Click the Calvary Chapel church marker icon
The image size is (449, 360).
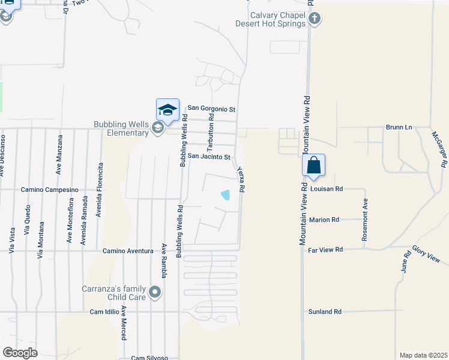(x=314, y=19)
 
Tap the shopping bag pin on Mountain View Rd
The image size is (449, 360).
(x=314, y=165)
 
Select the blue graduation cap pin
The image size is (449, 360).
(x=167, y=110)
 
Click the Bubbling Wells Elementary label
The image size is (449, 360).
(x=121, y=128)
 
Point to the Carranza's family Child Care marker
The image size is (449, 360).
(x=155, y=293)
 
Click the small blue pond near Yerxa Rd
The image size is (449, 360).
(x=226, y=194)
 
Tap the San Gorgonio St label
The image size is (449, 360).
(x=211, y=109)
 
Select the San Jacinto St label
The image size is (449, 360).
(x=209, y=157)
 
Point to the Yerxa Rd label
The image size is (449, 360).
(x=241, y=179)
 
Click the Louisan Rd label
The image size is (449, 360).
(x=327, y=188)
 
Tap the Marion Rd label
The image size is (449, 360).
(x=324, y=220)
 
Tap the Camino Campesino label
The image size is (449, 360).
(x=49, y=190)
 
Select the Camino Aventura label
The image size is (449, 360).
(x=128, y=251)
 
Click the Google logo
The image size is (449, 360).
(x=20, y=353)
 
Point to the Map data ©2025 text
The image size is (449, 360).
(x=423, y=355)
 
